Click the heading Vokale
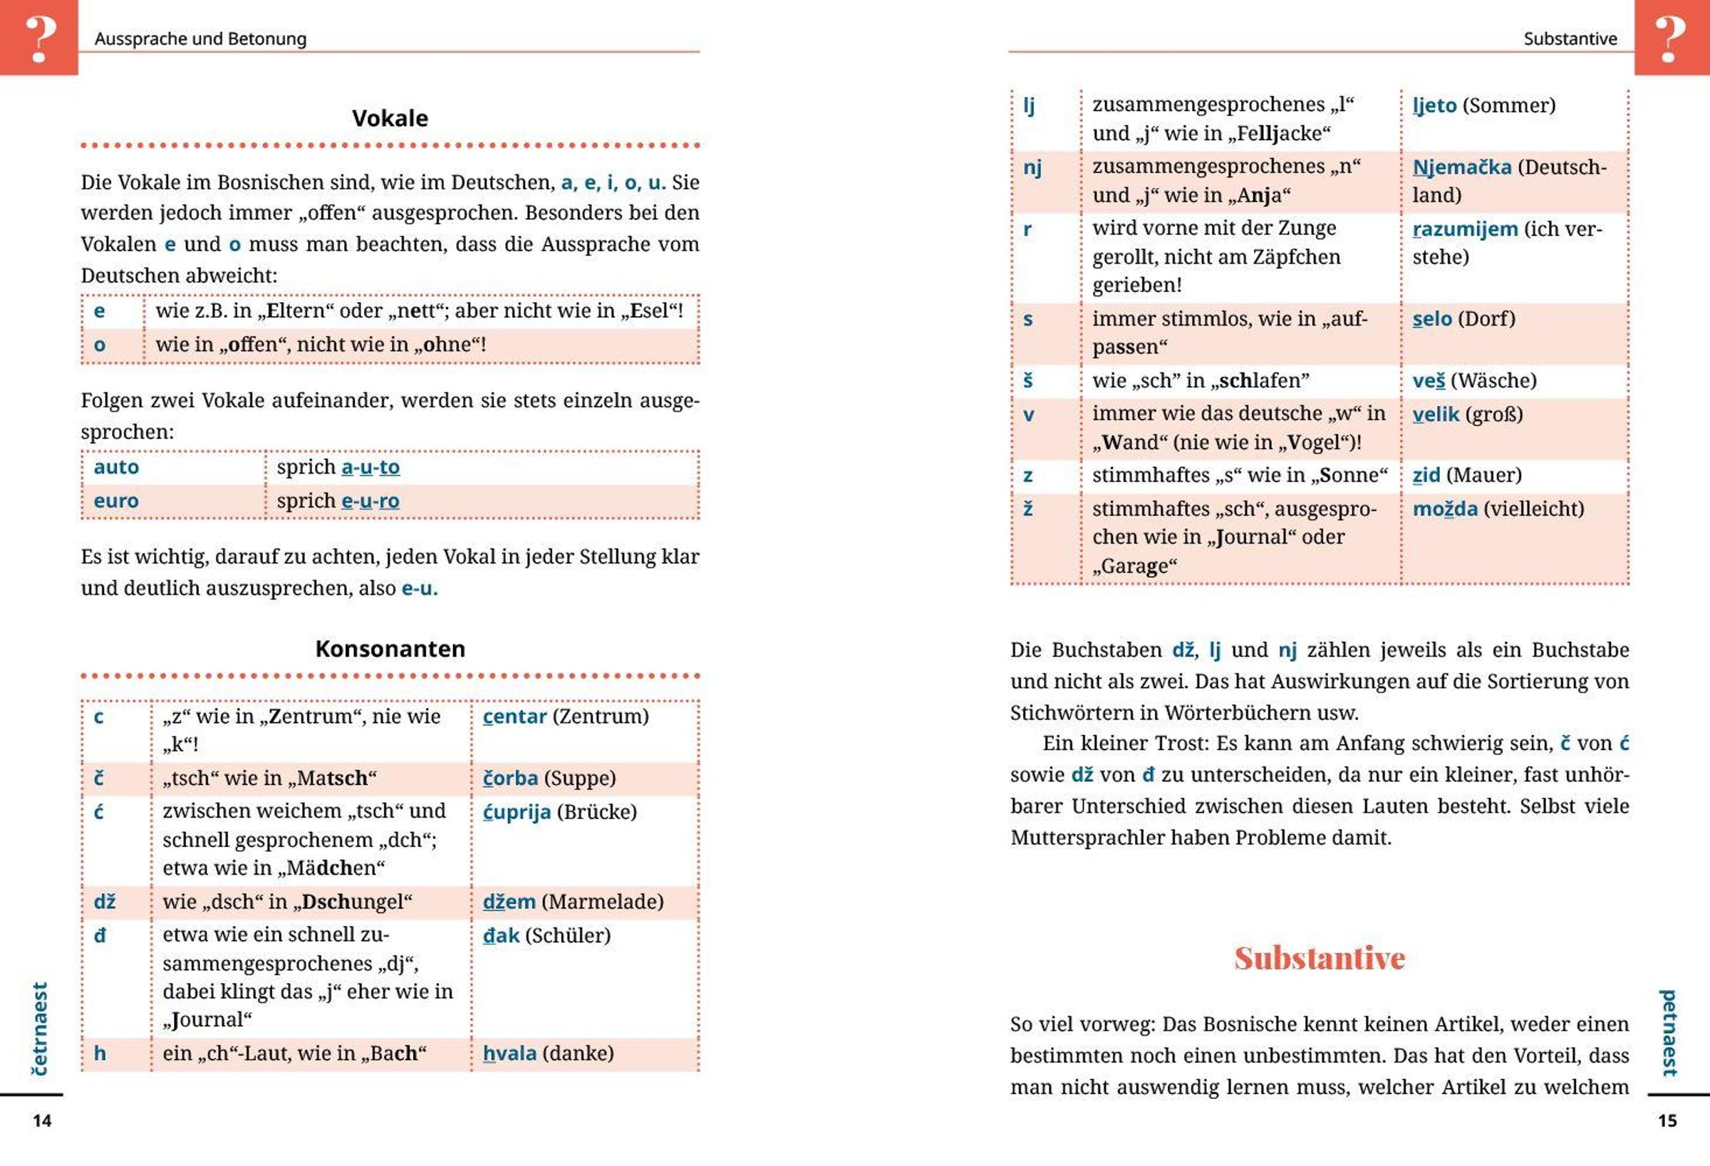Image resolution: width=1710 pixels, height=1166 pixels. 390,118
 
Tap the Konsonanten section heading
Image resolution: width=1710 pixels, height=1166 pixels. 390,649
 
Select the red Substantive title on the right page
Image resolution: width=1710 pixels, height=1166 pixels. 1320,958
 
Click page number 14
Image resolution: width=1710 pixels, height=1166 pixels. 42,1120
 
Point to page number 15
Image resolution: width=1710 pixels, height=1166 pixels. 1667,1120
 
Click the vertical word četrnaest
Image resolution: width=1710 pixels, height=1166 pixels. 40,1029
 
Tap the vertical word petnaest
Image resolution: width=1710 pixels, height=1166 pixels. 1669,1033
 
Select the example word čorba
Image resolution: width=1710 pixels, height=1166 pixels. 510,779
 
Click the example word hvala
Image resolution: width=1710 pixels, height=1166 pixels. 509,1053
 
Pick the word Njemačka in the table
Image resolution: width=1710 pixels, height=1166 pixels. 1461,167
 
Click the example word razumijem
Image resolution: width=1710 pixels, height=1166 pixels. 1464,229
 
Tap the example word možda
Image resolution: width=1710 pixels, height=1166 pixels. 1444,509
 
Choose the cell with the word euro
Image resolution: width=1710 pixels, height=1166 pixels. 116,501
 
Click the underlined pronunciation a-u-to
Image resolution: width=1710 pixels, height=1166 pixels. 370,467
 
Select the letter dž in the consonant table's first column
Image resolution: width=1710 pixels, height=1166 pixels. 105,902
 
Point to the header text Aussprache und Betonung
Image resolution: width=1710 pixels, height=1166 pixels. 200,39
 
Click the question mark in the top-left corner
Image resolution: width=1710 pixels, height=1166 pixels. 40,38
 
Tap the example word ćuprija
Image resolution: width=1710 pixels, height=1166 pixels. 517,812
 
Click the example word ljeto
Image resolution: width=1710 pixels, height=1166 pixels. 1434,106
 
